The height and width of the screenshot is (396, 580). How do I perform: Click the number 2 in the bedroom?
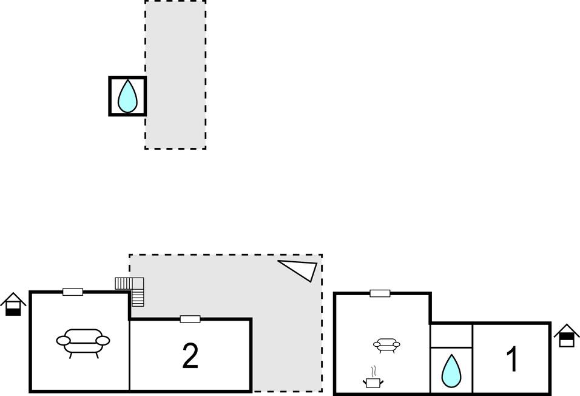191,356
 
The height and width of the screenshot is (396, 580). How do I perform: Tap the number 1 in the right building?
513,359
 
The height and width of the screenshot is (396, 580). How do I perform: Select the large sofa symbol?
83,341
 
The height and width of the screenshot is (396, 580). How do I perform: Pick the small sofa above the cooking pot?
386,345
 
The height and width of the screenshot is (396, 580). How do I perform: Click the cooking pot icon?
374,382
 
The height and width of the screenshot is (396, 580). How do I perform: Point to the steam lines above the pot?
374,370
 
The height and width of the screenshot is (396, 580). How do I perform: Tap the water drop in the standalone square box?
127,96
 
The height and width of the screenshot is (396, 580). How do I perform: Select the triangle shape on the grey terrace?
301,269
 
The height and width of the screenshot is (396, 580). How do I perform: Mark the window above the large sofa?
73,292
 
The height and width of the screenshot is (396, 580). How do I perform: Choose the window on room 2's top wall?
190,319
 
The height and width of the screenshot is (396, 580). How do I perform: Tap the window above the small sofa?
380,293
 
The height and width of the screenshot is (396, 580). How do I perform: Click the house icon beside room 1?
566,335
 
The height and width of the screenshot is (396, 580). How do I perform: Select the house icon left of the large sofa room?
13,304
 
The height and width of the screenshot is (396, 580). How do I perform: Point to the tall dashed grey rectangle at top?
175,74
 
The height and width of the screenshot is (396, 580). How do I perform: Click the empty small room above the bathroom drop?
451,335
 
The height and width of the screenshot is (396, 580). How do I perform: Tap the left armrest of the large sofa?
62,341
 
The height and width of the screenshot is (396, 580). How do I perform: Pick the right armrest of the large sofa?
104,340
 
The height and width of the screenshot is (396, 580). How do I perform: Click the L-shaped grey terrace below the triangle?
285,340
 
